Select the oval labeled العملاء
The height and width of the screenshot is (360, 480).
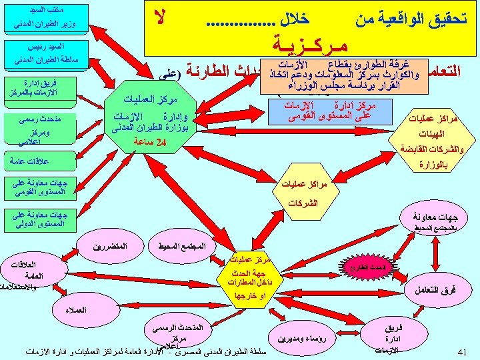[x=77, y=311]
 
